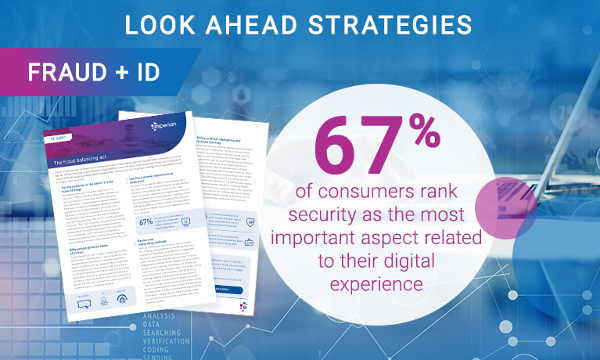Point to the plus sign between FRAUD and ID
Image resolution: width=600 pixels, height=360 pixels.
coord(121,73)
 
